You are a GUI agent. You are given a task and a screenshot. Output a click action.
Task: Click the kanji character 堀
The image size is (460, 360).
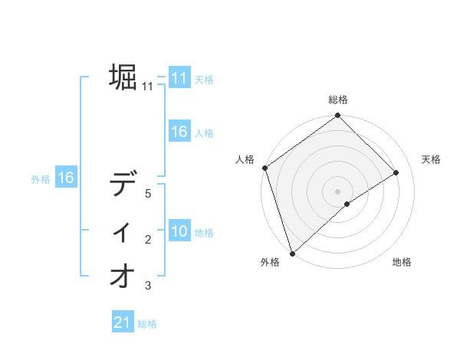click(123, 77)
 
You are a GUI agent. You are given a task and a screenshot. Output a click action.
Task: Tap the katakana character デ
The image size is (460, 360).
click(123, 185)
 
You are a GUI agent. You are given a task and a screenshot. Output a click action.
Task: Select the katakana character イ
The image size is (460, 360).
click(123, 231)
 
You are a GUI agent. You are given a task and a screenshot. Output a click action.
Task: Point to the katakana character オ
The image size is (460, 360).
click(123, 277)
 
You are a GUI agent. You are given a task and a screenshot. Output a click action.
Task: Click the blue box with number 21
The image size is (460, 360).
click(123, 323)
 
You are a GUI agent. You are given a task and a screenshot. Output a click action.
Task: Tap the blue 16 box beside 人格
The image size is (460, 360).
click(179, 132)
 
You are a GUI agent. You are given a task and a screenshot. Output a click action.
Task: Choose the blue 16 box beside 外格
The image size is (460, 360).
click(66, 178)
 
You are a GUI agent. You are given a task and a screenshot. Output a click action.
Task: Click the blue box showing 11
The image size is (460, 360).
click(179, 78)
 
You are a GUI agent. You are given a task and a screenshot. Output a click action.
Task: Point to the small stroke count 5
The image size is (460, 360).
click(148, 194)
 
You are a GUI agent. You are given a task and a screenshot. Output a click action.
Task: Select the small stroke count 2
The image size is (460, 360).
click(148, 241)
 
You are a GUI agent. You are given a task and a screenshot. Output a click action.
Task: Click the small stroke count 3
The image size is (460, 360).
click(148, 286)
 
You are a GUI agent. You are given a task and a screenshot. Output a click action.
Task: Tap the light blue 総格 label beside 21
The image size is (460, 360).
click(147, 324)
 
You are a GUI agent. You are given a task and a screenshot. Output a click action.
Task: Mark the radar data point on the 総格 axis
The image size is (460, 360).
click(337, 116)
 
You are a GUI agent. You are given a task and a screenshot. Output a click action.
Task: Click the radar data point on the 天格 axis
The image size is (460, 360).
click(396, 173)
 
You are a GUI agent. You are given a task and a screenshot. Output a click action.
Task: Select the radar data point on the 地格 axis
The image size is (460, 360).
click(347, 204)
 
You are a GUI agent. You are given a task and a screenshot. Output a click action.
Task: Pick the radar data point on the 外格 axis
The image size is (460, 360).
click(291, 252)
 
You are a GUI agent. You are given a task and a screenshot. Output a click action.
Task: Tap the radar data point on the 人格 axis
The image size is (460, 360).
click(264, 168)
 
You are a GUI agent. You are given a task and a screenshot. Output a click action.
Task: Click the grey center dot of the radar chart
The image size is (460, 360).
click(337, 191)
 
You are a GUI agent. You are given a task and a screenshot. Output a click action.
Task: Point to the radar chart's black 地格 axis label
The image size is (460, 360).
click(402, 263)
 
